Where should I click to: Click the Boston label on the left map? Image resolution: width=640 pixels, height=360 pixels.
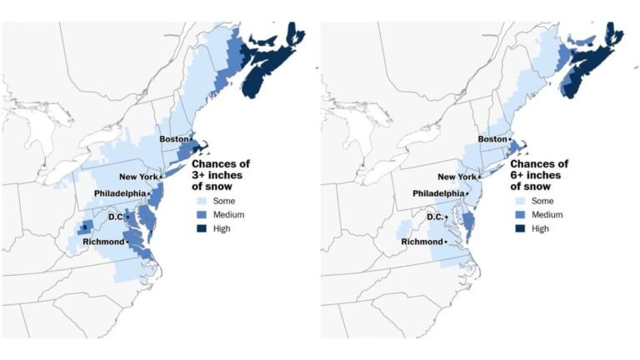pos(173,139)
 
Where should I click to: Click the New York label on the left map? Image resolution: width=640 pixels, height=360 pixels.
pos(138,177)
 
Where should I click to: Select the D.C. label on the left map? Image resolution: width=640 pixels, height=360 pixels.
pos(116,217)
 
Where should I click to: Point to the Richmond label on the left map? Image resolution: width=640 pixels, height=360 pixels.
pos(102,242)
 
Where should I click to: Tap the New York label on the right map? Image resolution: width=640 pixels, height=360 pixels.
pos(457,177)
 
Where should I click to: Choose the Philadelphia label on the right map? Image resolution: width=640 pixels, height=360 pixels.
pos(439,194)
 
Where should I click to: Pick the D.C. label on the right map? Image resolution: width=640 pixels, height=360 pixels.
pos(434,217)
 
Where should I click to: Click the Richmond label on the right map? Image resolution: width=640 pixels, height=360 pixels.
pos(422,242)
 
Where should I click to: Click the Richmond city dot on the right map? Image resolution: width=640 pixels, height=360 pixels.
pos(446,242)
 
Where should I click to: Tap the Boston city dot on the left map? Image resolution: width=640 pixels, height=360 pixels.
pos(191,139)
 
